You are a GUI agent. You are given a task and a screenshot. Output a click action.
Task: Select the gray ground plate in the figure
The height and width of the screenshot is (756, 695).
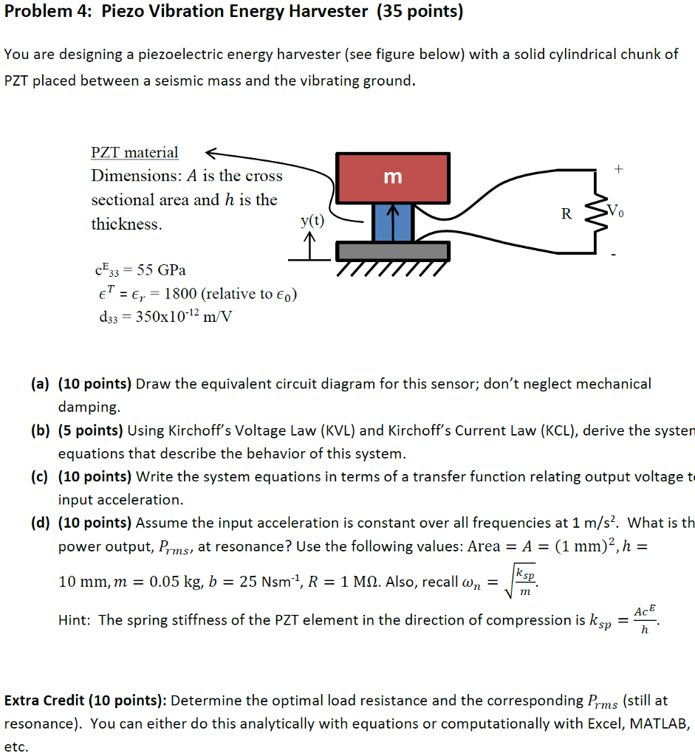[392, 251]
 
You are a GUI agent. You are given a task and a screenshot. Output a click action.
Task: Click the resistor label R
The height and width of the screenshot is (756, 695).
[566, 214]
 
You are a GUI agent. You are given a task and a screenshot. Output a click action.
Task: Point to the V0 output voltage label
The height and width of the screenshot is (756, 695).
[614, 213]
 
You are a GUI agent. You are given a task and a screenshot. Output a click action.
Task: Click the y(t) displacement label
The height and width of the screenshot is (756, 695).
[312, 220]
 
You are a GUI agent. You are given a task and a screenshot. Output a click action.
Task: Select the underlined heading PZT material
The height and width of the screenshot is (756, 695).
[134, 153]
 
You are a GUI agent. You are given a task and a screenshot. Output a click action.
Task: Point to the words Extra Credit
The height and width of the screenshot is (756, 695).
[47, 701]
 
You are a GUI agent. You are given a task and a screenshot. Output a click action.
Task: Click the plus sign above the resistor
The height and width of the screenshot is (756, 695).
[618, 169]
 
